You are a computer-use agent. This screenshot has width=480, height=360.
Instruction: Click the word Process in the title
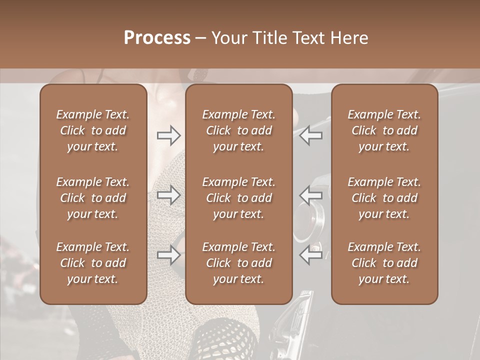(x=157, y=38)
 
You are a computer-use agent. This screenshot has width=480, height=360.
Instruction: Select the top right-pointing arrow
(x=168, y=135)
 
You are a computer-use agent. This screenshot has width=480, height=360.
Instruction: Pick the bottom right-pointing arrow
(x=168, y=254)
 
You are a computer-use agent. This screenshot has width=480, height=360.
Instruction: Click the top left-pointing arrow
(x=311, y=135)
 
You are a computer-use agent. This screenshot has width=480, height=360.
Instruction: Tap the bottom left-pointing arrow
(x=311, y=254)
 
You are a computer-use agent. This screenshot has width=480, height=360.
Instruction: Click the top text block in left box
(x=93, y=130)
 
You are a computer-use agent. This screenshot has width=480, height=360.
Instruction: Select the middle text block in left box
(x=93, y=198)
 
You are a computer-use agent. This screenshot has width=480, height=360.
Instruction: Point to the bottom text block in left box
(x=93, y=263)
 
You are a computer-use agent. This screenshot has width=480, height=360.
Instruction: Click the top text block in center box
(x=239, y=130)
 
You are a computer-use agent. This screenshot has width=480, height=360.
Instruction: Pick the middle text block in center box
(x=239, y=198)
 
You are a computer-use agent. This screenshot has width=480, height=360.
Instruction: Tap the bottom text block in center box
(x=239, y=263)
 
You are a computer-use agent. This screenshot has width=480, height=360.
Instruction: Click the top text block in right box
(x=384, y=130)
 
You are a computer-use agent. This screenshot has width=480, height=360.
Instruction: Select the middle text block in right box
(x=384, y=198)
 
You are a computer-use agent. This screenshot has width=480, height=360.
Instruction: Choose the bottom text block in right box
(x=384, y=263)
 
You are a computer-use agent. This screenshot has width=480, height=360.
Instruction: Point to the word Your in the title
(x=227, y=38)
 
